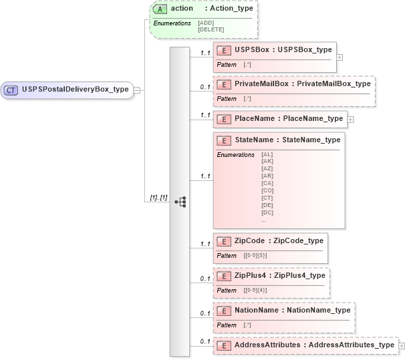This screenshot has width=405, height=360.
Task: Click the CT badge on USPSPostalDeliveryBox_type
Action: click(11, 89)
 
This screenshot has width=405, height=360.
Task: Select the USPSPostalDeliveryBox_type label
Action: click(75, 89)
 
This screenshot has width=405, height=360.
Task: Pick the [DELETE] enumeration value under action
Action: click(211, 29)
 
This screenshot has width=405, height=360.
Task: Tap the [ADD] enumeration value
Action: click(206, 23)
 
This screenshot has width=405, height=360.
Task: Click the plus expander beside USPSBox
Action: click(340, 57)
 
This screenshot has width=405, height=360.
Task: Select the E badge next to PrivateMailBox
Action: click(225, 84)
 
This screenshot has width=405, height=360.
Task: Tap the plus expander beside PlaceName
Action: click(350, 120)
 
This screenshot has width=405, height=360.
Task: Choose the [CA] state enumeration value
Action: click(267, 183)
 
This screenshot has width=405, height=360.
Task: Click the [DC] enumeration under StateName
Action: click(267, 212)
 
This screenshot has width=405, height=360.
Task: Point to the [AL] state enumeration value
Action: click(267, 154)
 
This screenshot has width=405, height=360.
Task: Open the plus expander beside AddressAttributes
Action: click(401, 345)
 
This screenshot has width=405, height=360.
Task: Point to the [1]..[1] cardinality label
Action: click(158, 199)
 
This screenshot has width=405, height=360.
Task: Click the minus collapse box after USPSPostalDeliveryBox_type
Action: click(136, 89)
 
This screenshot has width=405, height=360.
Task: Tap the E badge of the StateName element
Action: click(225, 140)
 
